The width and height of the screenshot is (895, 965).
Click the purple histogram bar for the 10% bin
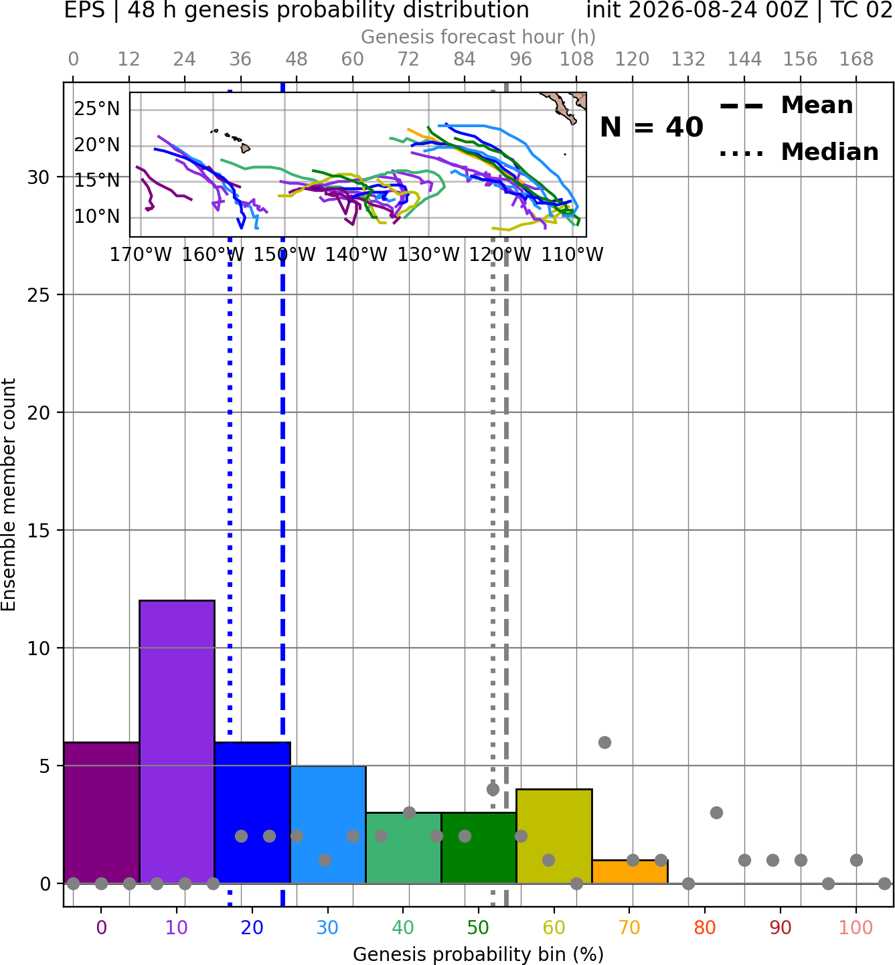[177, 742]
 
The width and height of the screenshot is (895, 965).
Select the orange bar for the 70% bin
[630, 872]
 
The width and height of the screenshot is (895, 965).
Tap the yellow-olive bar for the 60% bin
[554, 837]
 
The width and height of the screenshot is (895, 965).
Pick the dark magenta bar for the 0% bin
[102, 812]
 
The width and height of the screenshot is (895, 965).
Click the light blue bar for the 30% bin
[328, 824]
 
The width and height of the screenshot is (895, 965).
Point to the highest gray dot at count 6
[604, 742]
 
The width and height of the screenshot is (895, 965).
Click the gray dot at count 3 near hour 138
[716, 813]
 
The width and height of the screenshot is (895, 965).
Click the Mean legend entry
[786, 106]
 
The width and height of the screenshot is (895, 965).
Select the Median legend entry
[799, 152]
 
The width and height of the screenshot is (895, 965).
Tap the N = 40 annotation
[651, 127]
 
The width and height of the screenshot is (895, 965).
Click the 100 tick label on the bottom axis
[856, 928]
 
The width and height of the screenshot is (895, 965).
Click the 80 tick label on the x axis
[705, 928]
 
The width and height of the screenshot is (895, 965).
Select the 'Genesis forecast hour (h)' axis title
[479, 37]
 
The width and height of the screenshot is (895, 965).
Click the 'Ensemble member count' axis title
[8, 495]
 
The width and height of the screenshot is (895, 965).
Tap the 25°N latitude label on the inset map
[97, 109]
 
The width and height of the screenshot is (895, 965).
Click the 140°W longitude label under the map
[356, 254]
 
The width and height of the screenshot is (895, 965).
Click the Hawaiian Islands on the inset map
[232, 140]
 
